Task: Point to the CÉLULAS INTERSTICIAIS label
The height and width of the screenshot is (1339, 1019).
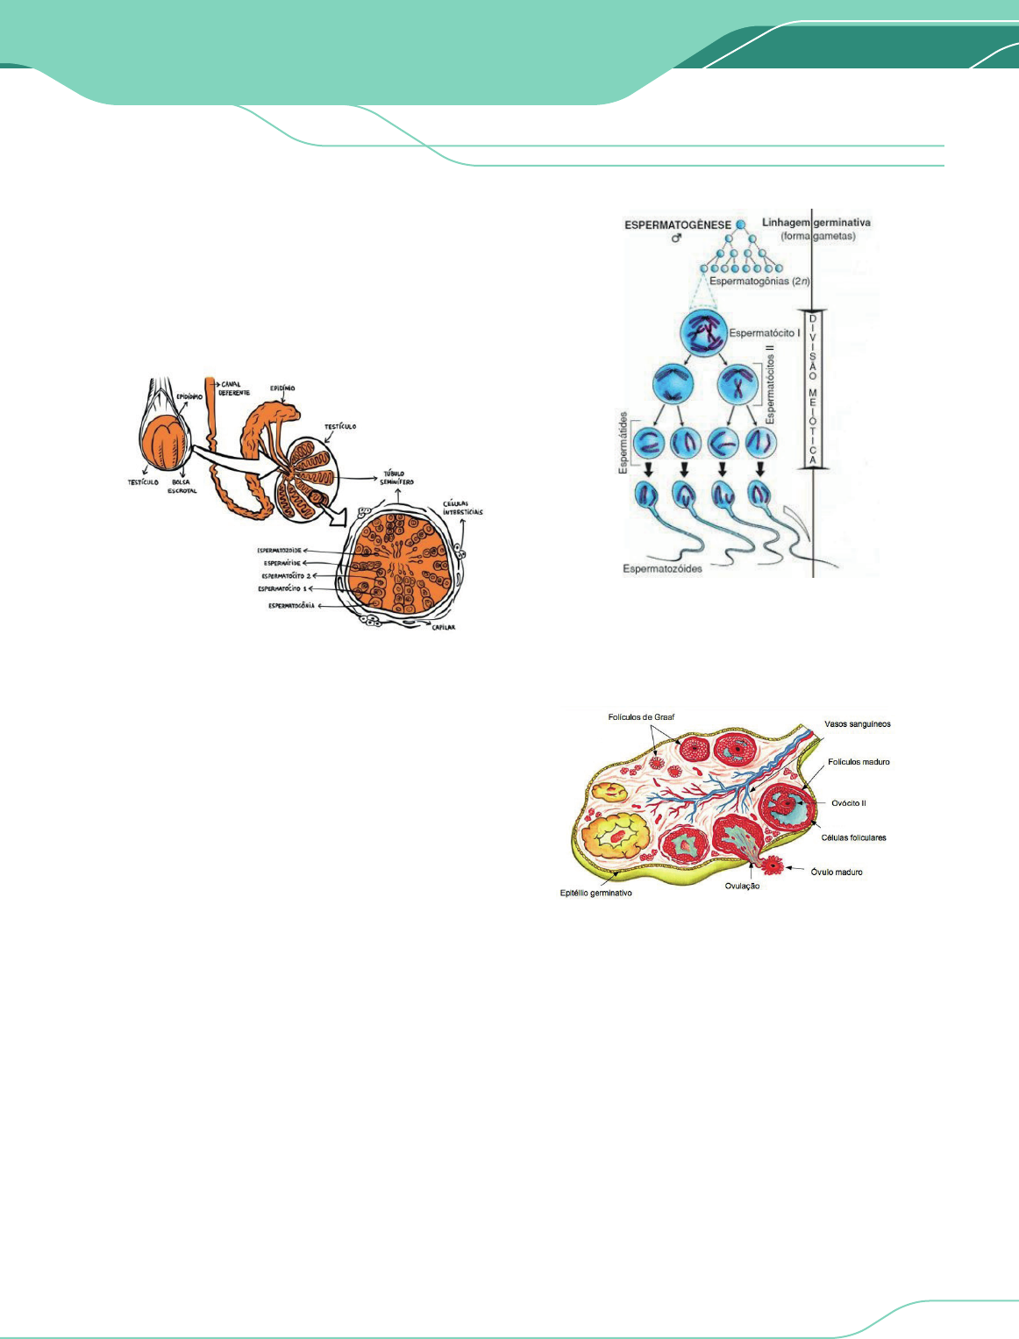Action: [x=462, y=509]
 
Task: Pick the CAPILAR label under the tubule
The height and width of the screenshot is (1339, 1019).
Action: [x=442, y=627]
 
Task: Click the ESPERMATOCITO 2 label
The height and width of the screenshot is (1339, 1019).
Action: [x=286, y=576]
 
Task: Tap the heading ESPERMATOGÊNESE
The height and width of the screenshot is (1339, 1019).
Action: [x=678, y=225]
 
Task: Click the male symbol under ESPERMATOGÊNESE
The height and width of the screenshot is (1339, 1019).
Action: [x=676, y=239]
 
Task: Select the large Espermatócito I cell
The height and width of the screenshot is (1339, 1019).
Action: [x=703, y=334]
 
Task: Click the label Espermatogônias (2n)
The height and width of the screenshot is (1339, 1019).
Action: [x=759, y=281]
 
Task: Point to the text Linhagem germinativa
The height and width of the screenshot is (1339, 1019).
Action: [x=816, y=223]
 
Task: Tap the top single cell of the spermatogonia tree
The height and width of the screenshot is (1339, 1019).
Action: [x=741, y=224]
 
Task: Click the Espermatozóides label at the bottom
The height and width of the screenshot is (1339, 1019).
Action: [x=663, y=568]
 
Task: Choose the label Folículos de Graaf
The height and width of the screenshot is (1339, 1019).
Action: [x=642, y=717]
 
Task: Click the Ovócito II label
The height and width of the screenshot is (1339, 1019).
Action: [x=848, y=803]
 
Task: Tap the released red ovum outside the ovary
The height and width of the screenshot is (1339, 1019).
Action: [x=773, y=865]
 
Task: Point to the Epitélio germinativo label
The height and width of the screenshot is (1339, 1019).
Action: [x=596, y=894]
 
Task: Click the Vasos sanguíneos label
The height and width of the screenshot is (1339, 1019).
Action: [x=857, y=724]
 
